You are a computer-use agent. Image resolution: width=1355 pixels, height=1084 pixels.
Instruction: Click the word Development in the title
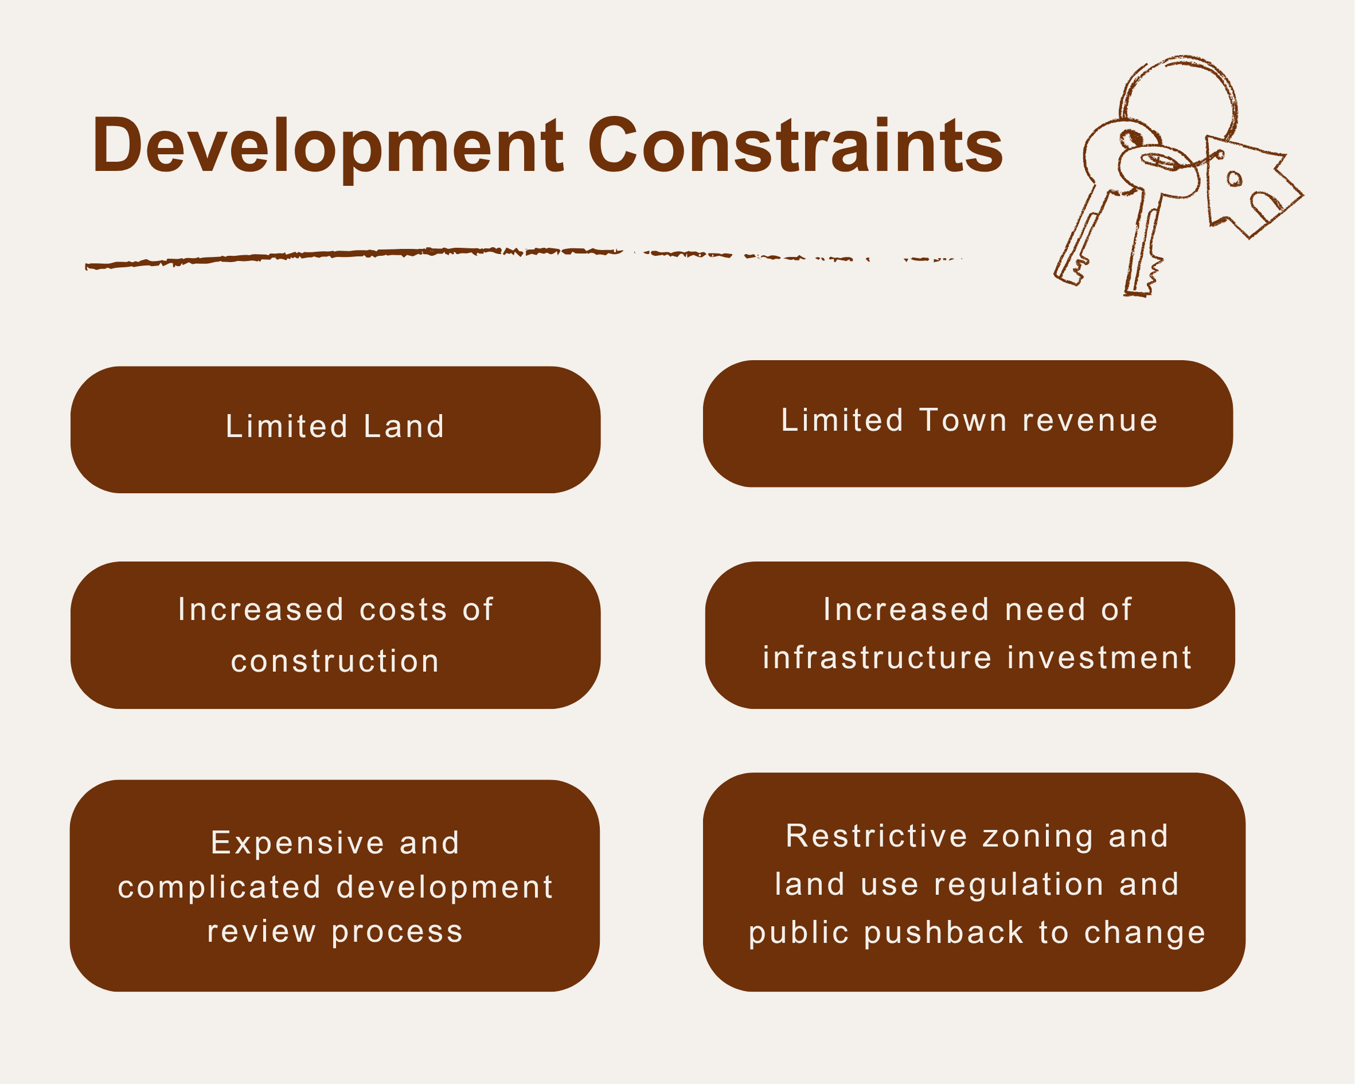(x=327, y=146)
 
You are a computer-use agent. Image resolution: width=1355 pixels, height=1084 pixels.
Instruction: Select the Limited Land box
(x=335, y=430)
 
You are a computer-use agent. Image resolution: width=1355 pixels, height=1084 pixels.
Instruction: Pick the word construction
(x=335, y=661)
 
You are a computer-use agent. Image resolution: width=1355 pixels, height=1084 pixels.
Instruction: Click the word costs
(x=404, y=609)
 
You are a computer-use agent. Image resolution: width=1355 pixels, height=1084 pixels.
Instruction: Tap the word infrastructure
(x=877, y=658)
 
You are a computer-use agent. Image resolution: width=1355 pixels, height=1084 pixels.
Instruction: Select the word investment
(x=1099, y=658)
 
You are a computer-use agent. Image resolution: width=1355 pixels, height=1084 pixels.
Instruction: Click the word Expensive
(x=297, y=843)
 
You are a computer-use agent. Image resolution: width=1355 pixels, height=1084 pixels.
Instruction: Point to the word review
(x=261, y=931)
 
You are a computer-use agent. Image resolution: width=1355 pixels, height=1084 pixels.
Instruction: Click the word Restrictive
(x=877, y=836)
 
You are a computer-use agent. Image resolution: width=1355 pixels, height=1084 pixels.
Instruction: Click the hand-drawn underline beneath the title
(x=440, y=255)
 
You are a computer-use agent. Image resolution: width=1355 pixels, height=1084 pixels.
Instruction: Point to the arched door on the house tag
(x=1266, y=205)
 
